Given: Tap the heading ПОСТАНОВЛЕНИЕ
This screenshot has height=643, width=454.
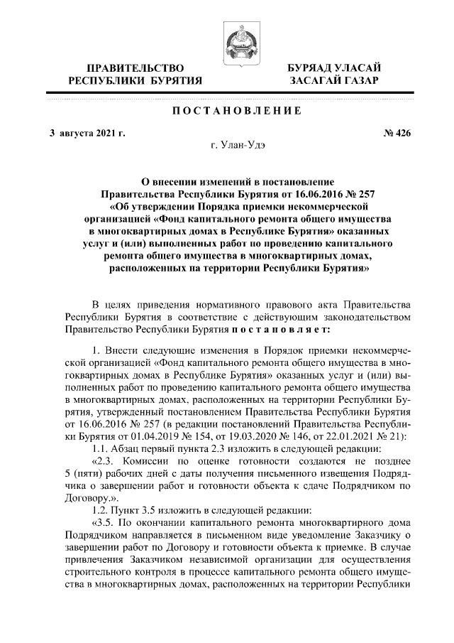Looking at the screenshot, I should click(x=228, y=112).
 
